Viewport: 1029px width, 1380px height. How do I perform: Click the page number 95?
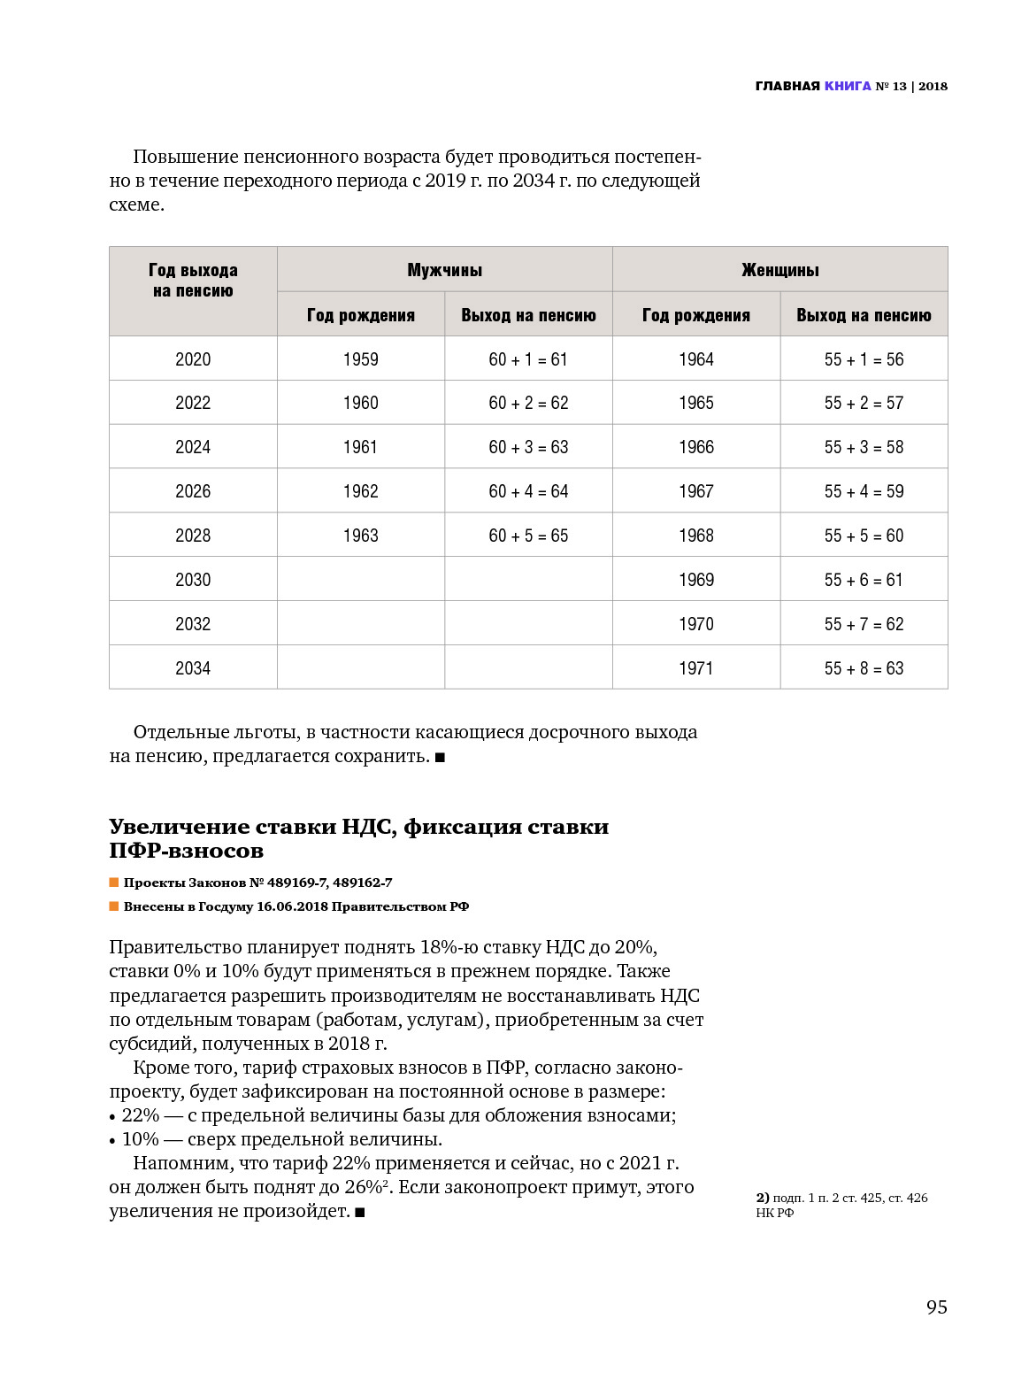[936, 1307]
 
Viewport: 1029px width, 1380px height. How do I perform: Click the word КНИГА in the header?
[848, 86]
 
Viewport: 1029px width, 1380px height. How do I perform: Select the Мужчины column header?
[444, 270]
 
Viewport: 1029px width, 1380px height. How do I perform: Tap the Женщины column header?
[779, 270]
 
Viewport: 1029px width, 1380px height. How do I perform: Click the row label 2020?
[193, 359]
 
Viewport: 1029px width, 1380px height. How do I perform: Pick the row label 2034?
[193, 668]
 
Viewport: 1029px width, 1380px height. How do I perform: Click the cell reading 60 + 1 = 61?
[528, 359]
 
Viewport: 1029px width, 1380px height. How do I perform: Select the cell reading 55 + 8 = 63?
[864, 668]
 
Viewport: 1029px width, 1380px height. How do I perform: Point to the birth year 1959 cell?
[360, 359]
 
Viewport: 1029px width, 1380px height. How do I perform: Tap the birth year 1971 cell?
[695, 668]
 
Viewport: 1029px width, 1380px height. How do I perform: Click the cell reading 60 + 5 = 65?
[528, 536]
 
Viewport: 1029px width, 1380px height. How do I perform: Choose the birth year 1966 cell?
[695, 447]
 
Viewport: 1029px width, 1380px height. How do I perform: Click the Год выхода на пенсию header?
[193, 281]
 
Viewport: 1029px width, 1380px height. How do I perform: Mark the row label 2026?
[193, 491]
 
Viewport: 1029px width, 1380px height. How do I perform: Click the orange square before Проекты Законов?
[114, 883]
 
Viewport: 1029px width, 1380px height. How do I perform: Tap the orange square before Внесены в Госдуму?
[114, 906]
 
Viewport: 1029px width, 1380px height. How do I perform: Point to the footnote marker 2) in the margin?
[762, 1198]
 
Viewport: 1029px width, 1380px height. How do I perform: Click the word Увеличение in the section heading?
[180, 827]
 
